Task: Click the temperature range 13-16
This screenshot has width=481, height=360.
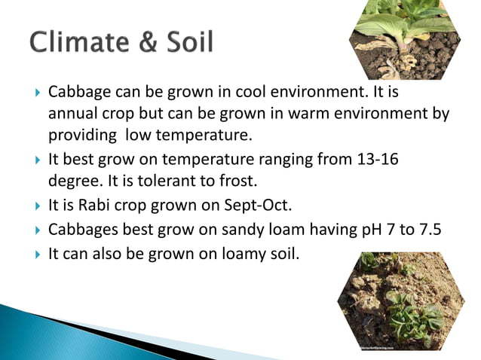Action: (x=383, y=160)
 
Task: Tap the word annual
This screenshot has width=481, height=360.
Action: (x=73, y=114)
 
